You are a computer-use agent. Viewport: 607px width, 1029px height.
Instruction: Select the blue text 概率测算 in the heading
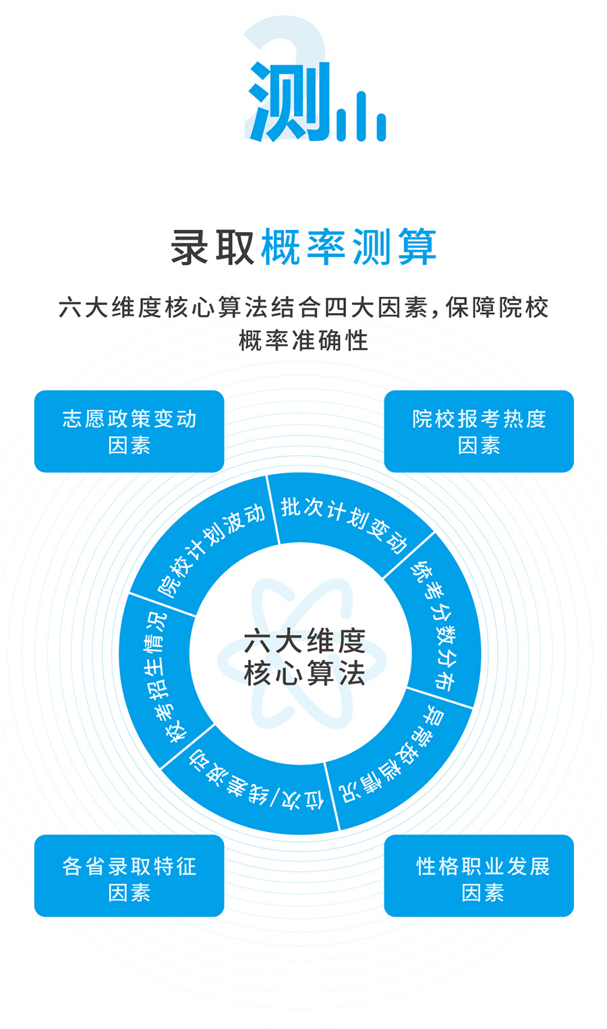pos(349,247)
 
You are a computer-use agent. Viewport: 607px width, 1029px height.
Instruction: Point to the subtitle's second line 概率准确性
pos(303,341)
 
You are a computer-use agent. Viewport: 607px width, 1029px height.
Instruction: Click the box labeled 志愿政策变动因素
pos(129,431)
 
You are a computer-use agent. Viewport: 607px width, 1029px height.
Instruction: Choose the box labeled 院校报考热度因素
pos(479,431)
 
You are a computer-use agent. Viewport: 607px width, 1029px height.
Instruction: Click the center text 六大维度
pos(304,641)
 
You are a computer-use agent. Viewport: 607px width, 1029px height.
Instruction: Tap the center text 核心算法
pos(304,673)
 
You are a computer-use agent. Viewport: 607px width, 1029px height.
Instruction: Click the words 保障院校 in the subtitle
pos(497,308)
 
